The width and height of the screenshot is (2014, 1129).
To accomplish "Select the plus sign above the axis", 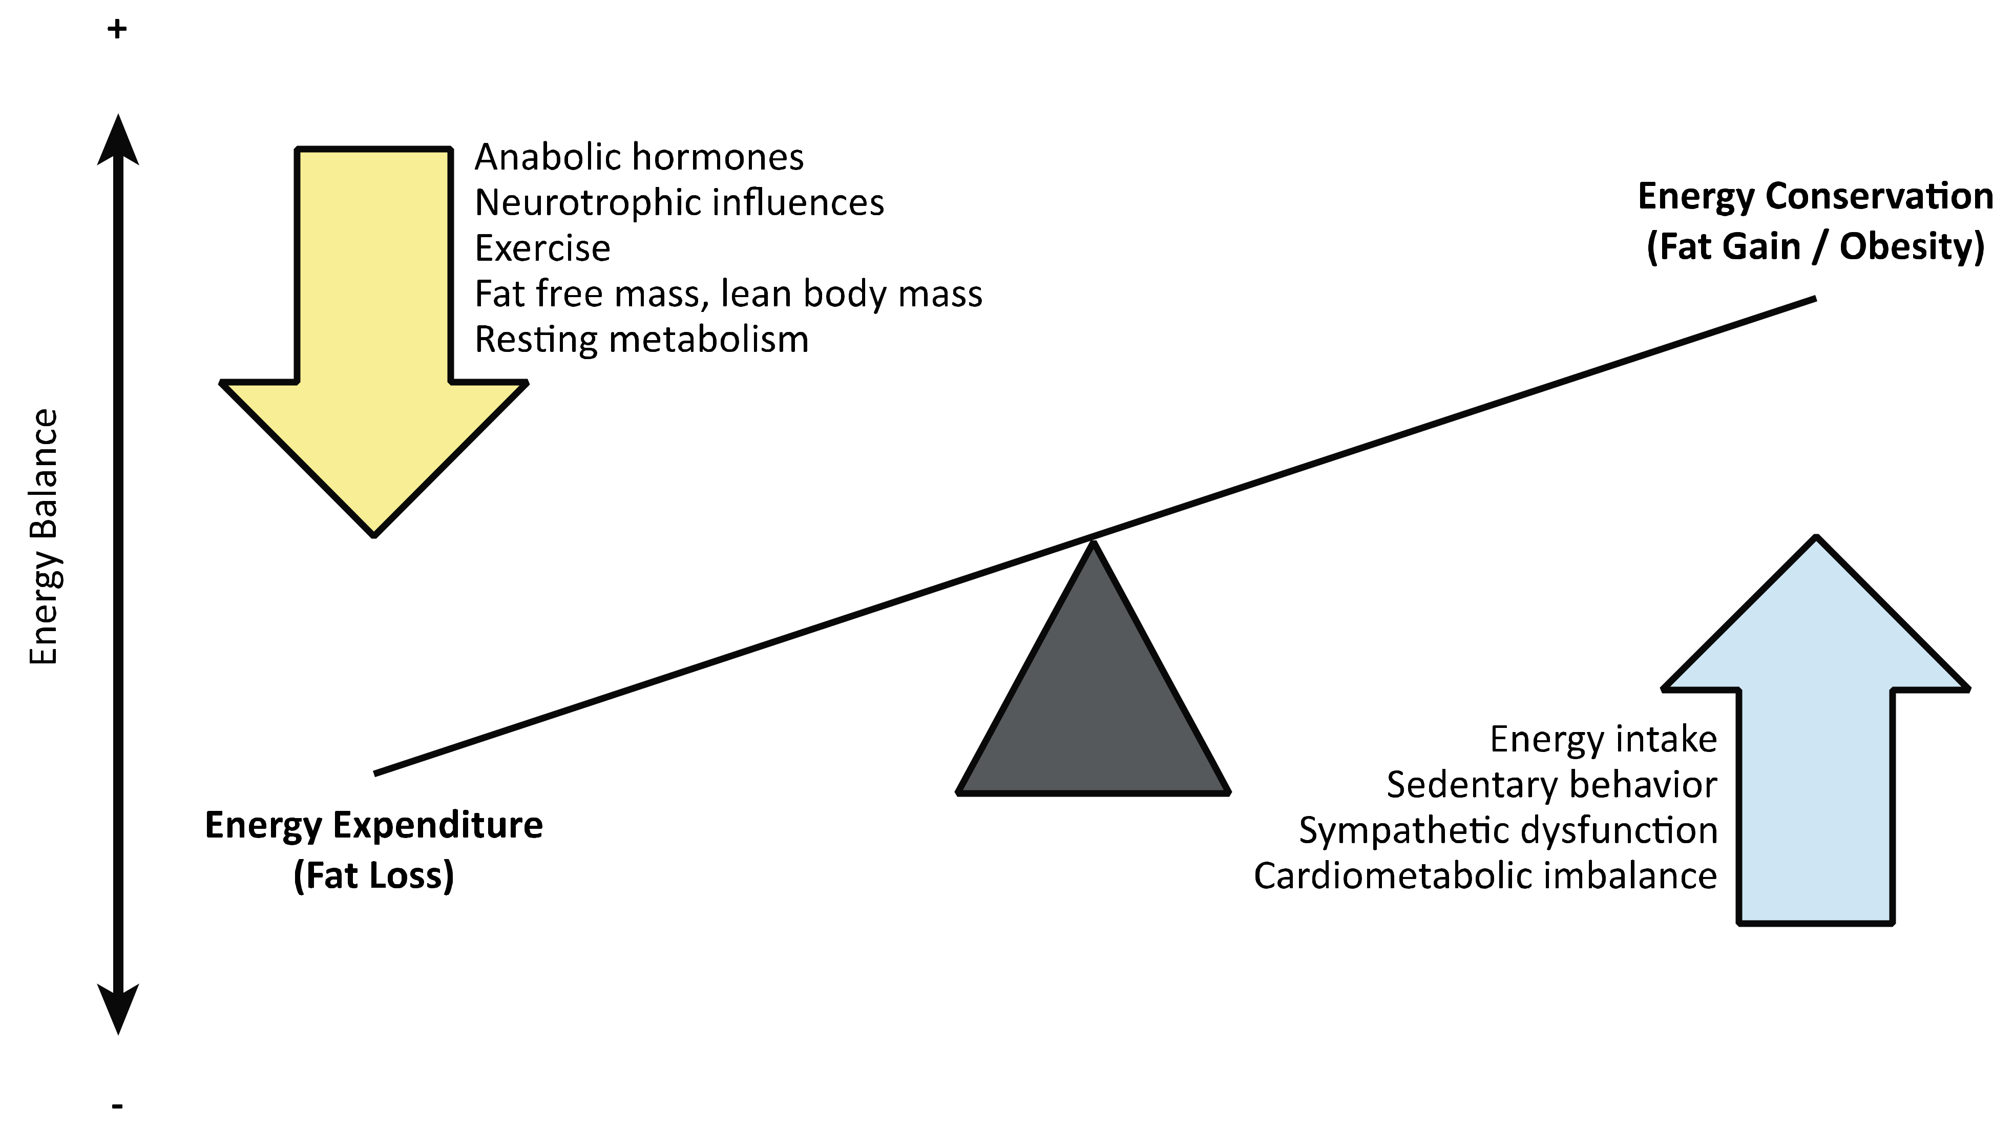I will coord(117,30).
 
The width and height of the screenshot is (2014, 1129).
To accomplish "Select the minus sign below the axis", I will coord(117,1105).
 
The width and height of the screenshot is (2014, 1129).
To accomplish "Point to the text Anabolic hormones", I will coord(639,157).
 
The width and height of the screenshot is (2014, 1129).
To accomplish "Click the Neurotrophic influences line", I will coord(679,202).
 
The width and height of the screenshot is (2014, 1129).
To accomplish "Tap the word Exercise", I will coord(542,248).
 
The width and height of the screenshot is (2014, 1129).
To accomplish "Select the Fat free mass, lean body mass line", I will coord(728,294).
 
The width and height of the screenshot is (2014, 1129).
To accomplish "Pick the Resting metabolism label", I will coord(641,339).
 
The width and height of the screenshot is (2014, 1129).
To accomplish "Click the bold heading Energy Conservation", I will coord(1815,196).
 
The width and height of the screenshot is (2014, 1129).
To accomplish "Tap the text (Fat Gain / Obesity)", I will coord(1815,247).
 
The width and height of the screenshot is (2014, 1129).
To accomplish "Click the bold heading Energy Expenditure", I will coord(374,826).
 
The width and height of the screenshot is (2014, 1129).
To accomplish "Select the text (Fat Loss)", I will coord(374,875).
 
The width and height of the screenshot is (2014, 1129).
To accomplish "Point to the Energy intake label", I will coord(1603,739).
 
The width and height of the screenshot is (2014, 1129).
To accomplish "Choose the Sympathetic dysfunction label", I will coord(1507,830).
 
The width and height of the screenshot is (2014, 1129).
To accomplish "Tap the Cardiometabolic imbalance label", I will coord(1485,875).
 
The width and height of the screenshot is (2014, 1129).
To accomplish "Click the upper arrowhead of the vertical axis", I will coord(118,141).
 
